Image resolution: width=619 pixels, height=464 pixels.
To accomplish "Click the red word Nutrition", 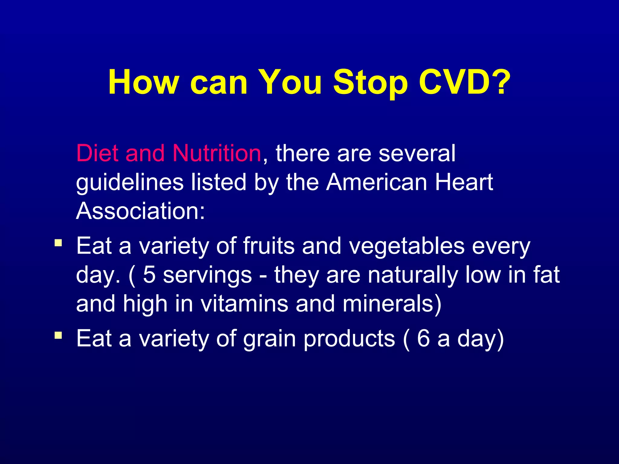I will click(217, 153).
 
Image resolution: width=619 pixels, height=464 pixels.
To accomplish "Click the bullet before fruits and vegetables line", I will click(58, 243).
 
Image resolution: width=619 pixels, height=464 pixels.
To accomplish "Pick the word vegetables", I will click(407, 246).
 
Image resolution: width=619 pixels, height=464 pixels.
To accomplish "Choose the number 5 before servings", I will click(149, 275).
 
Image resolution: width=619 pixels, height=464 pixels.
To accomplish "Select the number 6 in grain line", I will click(423, 338).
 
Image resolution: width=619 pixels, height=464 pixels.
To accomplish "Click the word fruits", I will click(269, 246).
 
